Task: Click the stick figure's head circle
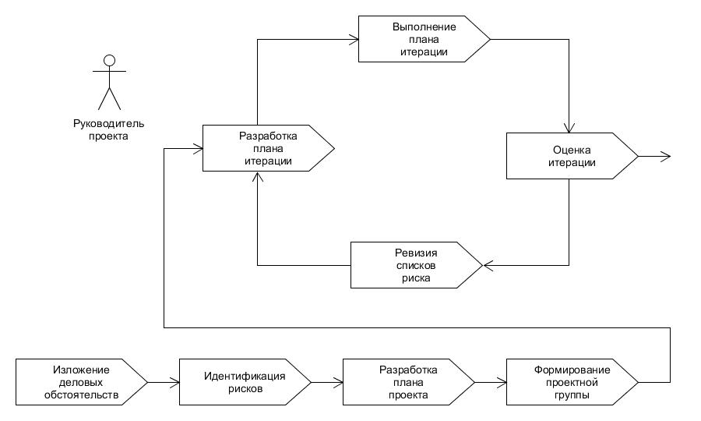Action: click(x=110, y=60)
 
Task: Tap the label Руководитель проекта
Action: click(x=108, y=129)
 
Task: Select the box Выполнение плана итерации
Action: click(x=424, y=39)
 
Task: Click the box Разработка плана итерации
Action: click(x=268, y=148)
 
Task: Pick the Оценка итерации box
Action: click(x=572, y=156)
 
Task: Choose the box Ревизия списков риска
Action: click(x=416, y=265)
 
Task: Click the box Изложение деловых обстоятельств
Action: click(x=81, y=382)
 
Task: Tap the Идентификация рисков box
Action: click(x=245, y=382)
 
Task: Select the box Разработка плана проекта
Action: click(x=409, y=382)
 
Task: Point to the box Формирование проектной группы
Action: click(x=572, y=382)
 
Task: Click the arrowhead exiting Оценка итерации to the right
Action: click(x=666, y=156)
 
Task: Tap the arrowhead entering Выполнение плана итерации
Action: click(x=354, y=39)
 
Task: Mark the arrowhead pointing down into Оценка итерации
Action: click(x=569, y=128)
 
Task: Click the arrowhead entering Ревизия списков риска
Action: click(x=488, y=265)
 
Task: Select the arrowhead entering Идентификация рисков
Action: click(x=174, y=382)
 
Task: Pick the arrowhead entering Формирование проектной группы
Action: click(x=502, y=382)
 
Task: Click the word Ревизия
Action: click(x=416, y=253)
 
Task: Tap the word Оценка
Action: click(x=572, y=150)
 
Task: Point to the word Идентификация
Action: click(x=245, y=376)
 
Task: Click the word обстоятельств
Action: click(x=81, y=395)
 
